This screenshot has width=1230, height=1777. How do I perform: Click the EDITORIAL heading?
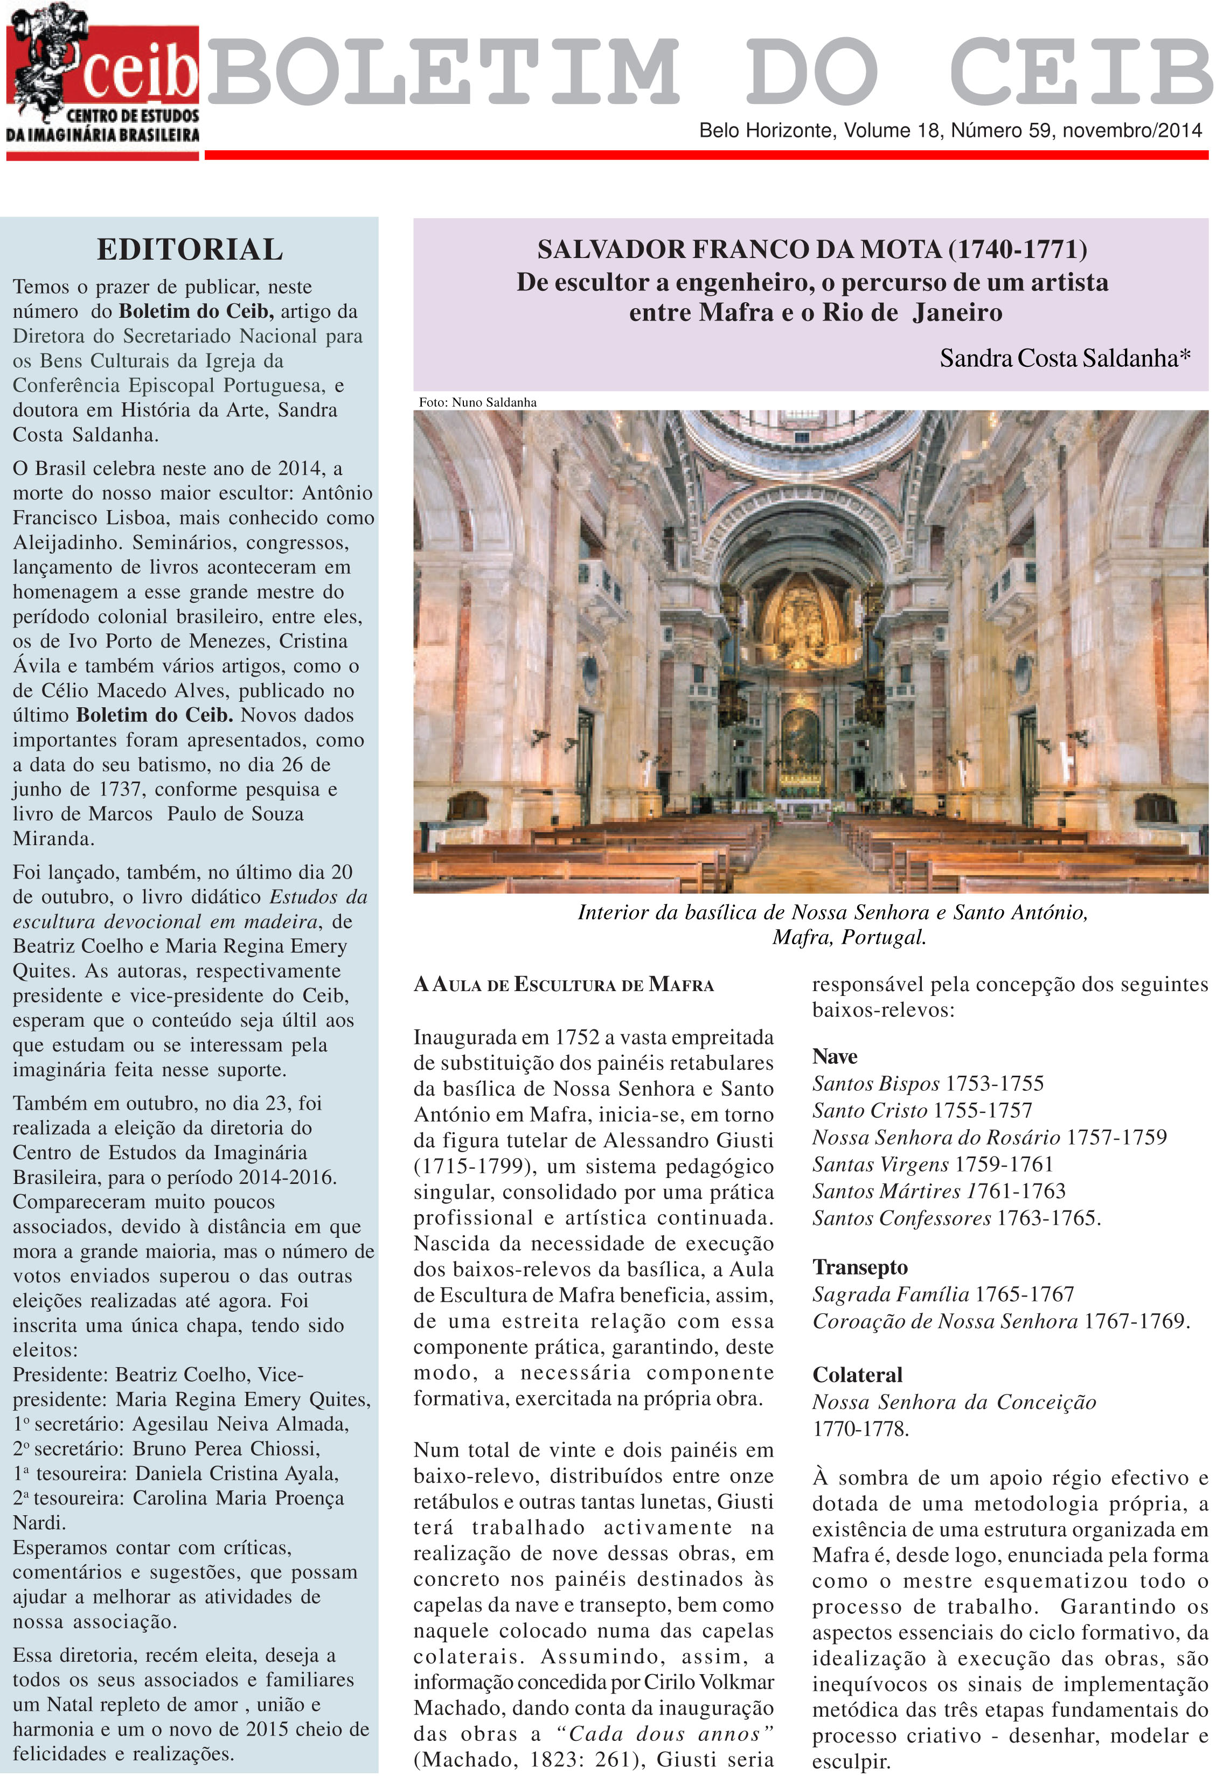[x=190, y=250]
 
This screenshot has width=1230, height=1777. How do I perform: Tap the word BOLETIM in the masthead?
[x=443, y=72]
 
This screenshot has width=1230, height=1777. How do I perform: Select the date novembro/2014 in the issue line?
[x=1131, y=130]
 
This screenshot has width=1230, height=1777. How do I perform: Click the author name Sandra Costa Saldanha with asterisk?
[x=1064, y=358]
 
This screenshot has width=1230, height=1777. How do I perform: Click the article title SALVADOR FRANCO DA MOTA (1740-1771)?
[x=811, y=249]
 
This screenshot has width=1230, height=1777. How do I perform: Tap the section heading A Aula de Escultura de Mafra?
[x=564, y=985]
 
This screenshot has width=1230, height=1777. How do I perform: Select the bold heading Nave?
[x=834, y=1056]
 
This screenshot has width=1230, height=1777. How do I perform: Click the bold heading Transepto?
[x=859, y=1267]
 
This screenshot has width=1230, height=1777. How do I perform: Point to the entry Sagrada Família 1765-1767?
[x=942, y=1294]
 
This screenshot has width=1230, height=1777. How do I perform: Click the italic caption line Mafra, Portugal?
[x=849, y=938]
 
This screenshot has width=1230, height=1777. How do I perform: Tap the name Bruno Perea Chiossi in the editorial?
[x=226, y=1450]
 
